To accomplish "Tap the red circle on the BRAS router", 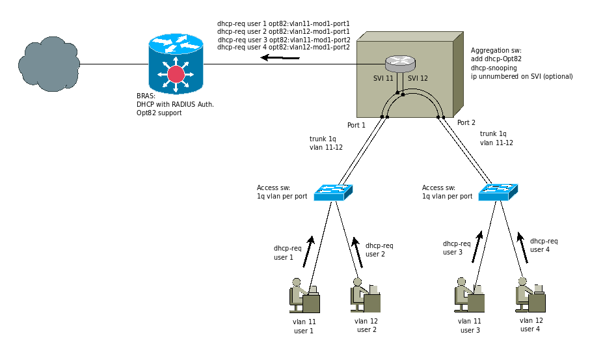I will (x=176, y=74).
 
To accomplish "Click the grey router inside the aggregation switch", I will (x=399, y=63).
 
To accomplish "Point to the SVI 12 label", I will (x=418, y=78).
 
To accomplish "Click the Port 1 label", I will (x=356, y=124).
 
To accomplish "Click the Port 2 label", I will (x=466, y=122).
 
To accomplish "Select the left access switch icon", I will (x=332, y=192).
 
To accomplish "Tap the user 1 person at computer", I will (x=304, y=296).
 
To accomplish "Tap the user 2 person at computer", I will (x=365, y=296).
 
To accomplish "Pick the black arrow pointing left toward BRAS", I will (x=280, y=58).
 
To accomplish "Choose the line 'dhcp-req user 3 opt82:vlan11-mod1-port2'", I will (x=284, y=39).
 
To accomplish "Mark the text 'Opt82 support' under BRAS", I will (x=155, y=113).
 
